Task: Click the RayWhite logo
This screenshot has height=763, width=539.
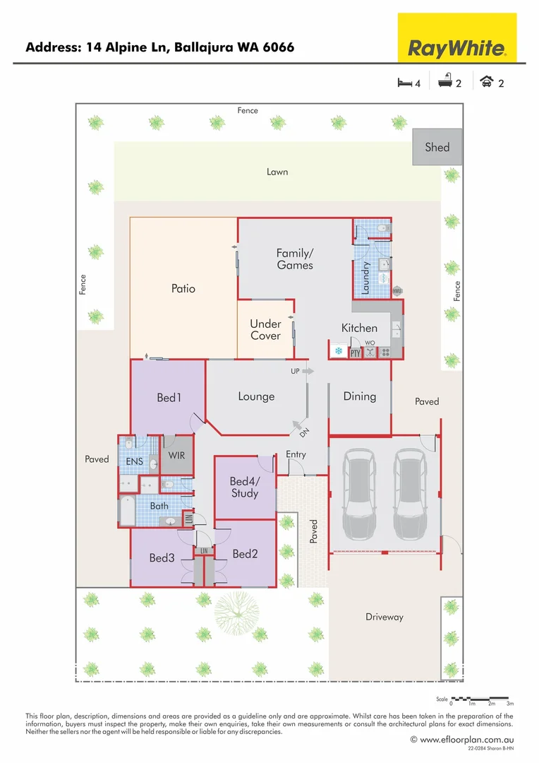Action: point(457,38)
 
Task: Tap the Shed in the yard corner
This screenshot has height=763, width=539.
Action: point(437,147)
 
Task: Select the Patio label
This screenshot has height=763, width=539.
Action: point(183,288)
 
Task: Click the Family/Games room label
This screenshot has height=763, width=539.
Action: point(295,259)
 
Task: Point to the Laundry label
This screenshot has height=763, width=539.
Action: point(366,278)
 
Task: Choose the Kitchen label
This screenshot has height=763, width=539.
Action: point(359,328)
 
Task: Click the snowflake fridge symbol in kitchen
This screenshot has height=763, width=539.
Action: point(338,351)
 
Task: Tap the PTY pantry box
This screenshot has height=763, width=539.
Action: point(355,353)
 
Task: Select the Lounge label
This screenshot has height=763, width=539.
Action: point(256,396)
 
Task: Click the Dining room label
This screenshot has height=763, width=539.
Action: point(360,396)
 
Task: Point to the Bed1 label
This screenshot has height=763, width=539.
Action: point(169,398)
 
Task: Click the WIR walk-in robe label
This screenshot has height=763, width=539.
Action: point(176,456)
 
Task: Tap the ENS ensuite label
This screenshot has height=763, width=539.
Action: point(135,461)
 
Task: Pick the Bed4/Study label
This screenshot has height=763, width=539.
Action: point(245,487)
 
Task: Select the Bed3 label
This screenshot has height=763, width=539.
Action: point(162,558)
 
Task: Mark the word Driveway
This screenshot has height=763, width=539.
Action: point(384,617)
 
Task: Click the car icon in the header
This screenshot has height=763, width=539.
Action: point(485,82)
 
